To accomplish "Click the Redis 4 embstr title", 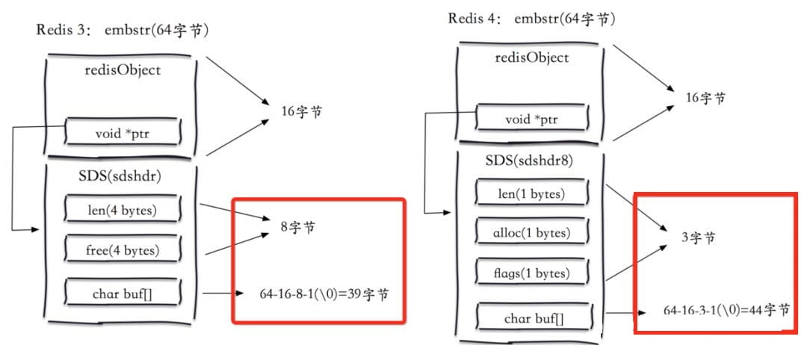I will pos(533,19).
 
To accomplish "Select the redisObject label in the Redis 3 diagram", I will pos(123,70).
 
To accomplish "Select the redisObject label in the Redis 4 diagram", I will pos(531,58).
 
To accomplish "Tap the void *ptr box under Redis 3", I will pos(123,134).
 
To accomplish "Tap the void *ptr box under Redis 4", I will pos(531,120).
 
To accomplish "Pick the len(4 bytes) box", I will pos(122,211).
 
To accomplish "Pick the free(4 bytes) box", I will pos(122,250).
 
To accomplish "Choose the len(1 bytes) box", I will pos(531,194).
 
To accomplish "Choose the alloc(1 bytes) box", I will pos(531,233).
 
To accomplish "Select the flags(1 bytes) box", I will pos(531,273).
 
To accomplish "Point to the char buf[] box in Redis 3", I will pos(122,294).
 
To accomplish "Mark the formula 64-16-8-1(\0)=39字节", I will pos(314,294).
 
